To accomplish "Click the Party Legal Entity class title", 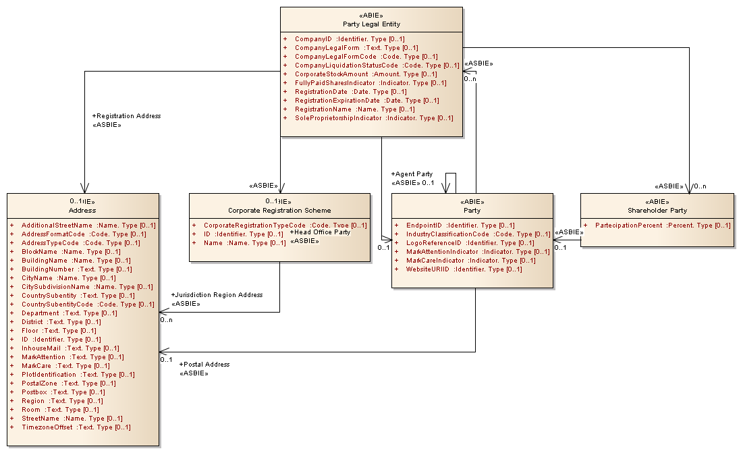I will pyautogui.click(x=371, y=24).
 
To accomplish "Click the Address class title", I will pyautogui.click(x=82, y=210).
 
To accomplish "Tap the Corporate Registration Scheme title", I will pyautogui.click(x=279, y=210).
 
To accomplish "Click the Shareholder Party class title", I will pyautogui.click(x=657, y=210).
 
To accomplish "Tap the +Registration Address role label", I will pyautogui.click(x=126, y=116).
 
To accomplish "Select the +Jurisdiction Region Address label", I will pyautogui.click(x=217, y=295).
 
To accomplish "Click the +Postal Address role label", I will pyautogui.click(x=204, y=365).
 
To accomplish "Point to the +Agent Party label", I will pyautogui.click(x=412, y=174).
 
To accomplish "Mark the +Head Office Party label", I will pyautogui.click(x=320, y=232).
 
